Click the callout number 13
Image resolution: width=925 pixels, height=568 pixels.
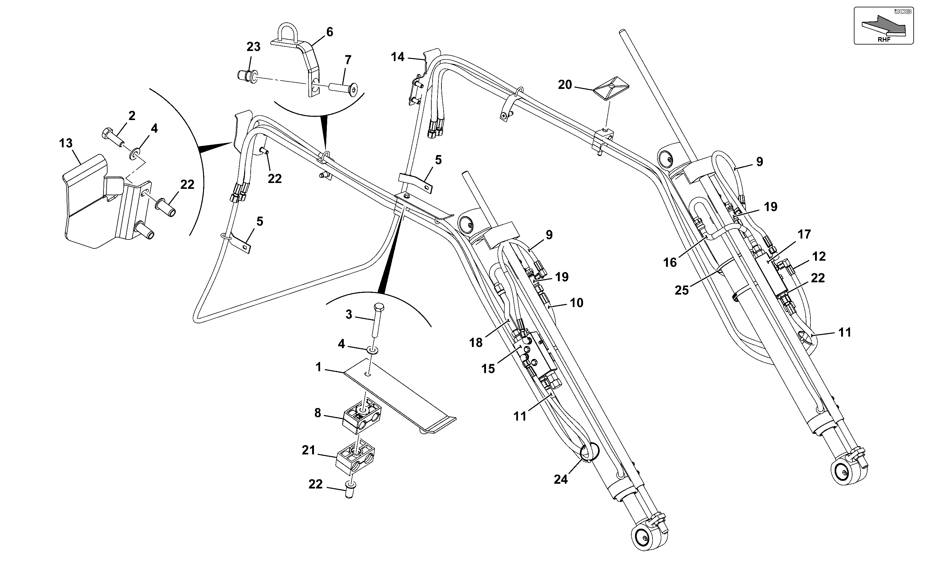click(x=66, y=143)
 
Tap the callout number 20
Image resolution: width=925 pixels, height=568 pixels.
click(x=565, y=85)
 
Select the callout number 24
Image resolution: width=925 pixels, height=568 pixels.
click(x=561, y=479)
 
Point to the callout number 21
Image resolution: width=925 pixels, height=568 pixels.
click(x=308, y=450)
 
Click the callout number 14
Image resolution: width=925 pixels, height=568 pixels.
click(x=398, y=57)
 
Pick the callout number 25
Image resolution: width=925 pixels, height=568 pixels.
click(x=681, y=290)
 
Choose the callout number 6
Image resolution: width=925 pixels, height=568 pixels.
click(x=330, y=32)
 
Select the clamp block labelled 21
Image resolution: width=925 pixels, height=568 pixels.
click(x=355, y=458)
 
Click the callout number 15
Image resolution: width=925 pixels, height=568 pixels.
click(x=488, y=369)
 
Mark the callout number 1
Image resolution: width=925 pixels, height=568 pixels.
click(x=318, y=367)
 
